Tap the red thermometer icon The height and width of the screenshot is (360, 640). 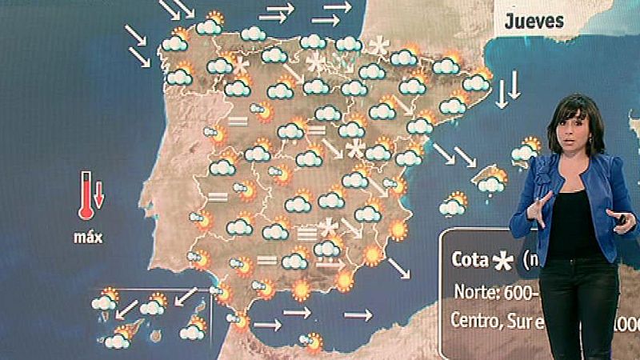tap(85, 196)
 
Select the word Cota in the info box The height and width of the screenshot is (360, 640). tap(470, 259)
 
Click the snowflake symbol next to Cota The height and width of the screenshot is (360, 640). tap(504, 259)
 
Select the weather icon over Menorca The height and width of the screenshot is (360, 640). tap(526, 150)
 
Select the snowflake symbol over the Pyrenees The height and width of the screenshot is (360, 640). tap(378, 46)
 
